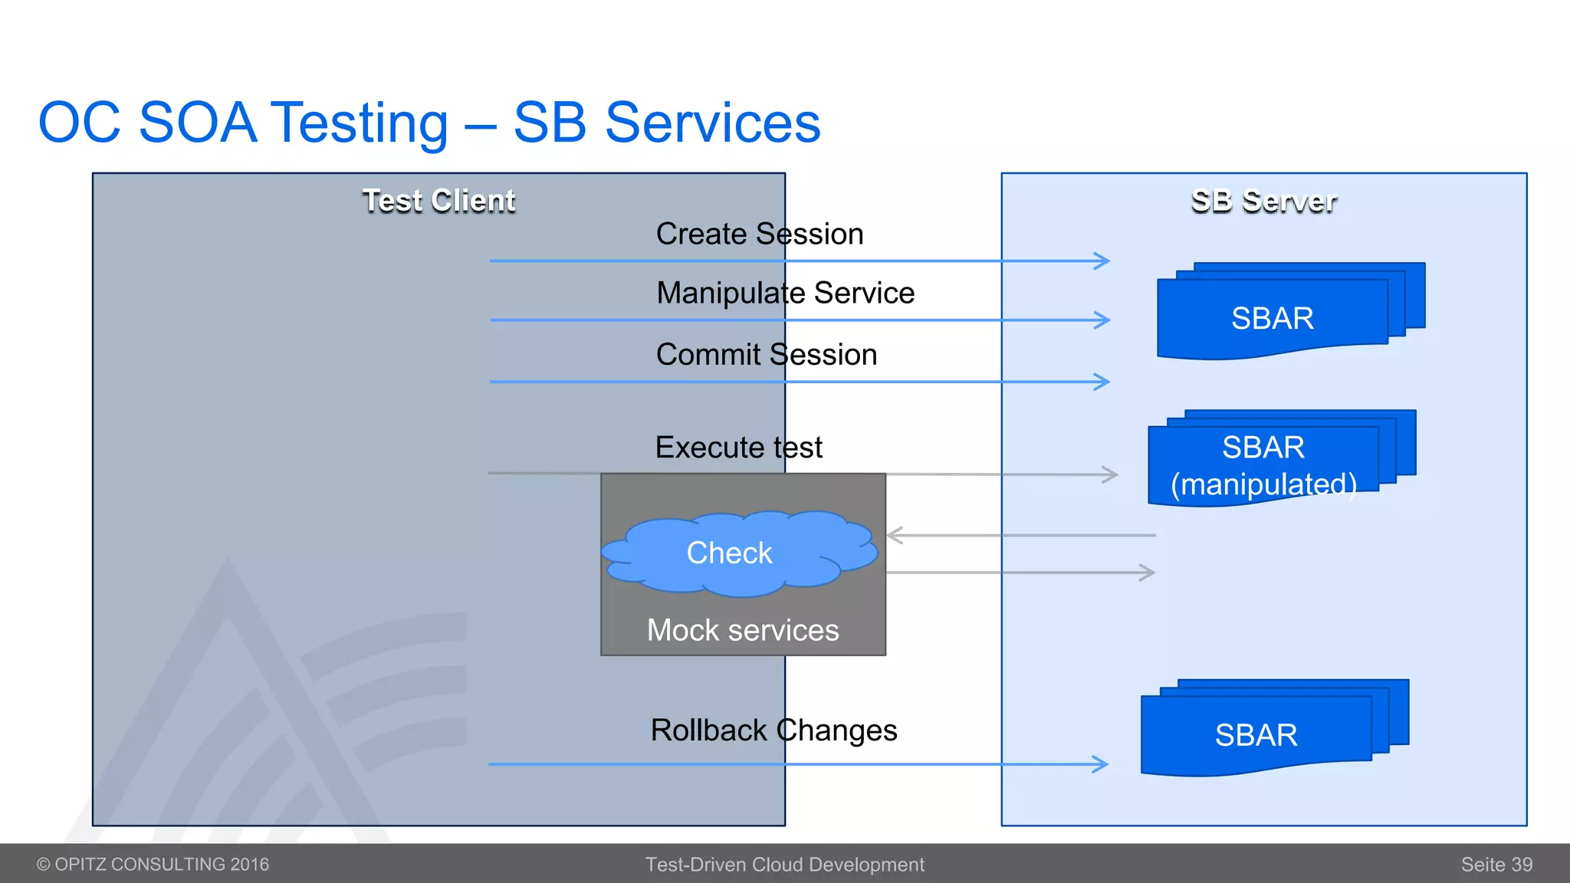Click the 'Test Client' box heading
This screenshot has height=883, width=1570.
click(438, 201)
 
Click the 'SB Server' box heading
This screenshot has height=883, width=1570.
click(1263, 201)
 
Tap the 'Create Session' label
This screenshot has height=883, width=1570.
click(759, 234)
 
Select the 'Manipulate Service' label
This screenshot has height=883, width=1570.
click(785, 293)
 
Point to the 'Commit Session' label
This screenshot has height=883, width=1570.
click(766, 355)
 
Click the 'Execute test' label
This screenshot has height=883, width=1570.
click(738, 448)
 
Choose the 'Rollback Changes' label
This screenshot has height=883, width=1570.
click(773, 730)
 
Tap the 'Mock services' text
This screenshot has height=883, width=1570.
click(742, 631)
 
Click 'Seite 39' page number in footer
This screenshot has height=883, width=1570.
click(1496, 865)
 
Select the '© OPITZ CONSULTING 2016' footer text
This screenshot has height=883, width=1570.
click(153, 865)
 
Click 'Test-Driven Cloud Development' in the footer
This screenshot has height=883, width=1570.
click(784, 865)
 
